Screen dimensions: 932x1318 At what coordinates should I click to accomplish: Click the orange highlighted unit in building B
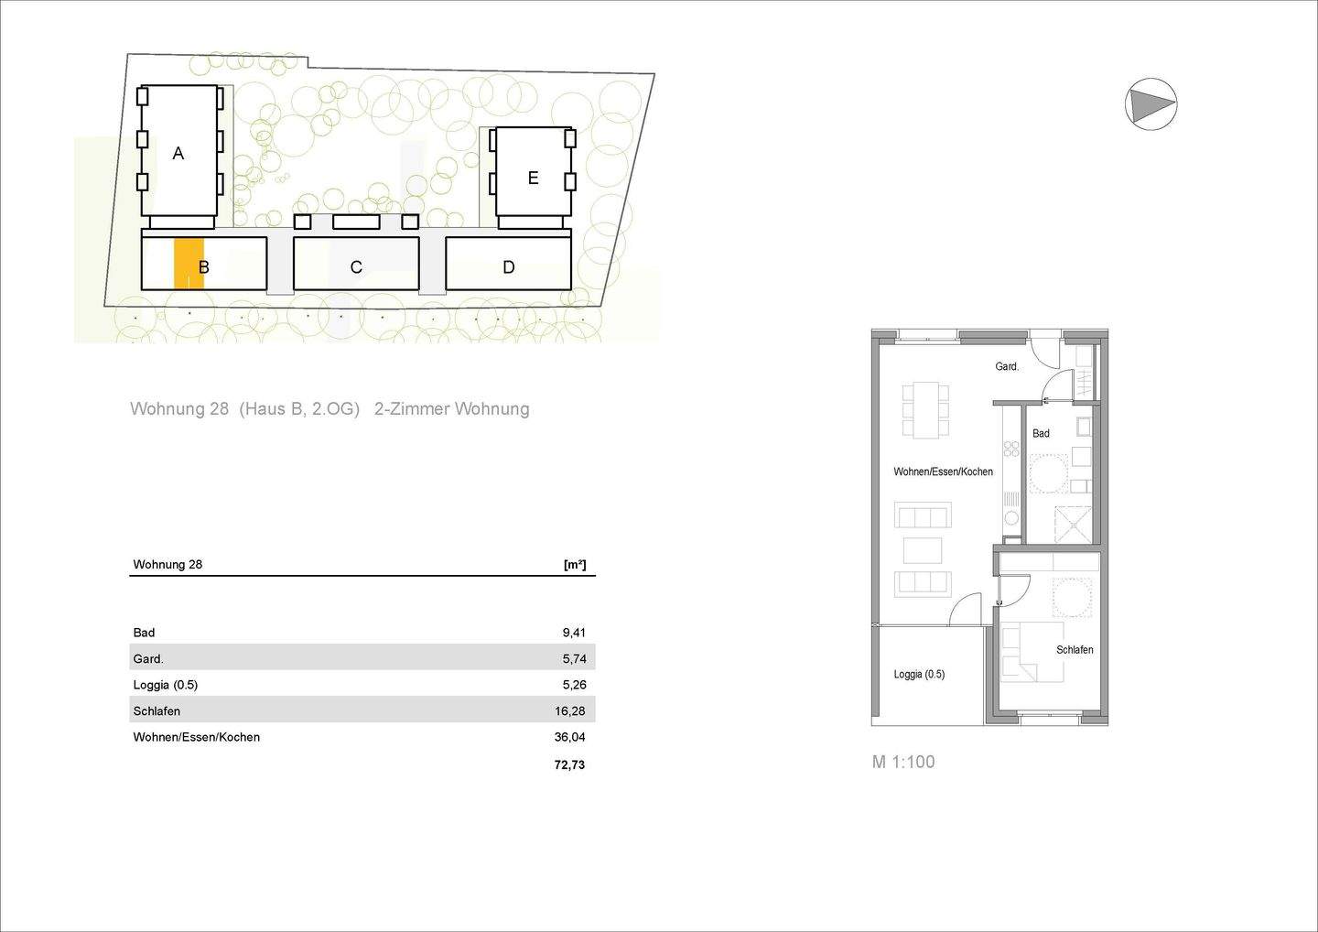(189, 263)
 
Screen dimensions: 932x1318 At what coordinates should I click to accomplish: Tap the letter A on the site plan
(178, 154)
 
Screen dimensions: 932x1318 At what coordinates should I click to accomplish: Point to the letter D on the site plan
(509, 267)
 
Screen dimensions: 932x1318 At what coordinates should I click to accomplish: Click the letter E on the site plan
(533, 179)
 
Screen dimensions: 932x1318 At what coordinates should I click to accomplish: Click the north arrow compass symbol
(1151, 104)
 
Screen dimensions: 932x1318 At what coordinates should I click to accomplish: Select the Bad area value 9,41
(574, 633)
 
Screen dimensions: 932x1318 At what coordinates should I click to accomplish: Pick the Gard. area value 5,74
(574, 658)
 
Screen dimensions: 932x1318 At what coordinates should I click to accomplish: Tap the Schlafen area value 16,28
(571, 711)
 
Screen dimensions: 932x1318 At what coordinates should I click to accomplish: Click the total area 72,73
(569, 764)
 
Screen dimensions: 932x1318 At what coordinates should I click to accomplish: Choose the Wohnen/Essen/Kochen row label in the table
(197, 737)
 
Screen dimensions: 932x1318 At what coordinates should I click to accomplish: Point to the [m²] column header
(575, 564)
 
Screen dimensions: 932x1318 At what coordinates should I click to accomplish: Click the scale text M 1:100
(903, 762)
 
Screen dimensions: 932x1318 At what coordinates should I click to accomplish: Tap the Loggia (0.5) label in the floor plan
(919, 675)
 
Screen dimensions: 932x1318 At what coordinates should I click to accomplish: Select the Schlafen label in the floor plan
(1075, 650)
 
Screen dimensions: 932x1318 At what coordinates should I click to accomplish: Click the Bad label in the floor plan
(1041, 434)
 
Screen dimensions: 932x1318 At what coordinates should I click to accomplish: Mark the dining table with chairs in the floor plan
(925, 409)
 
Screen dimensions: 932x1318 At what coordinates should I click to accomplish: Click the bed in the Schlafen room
(1032, 653)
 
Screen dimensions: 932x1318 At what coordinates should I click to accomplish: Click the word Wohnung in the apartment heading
(167, 409)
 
